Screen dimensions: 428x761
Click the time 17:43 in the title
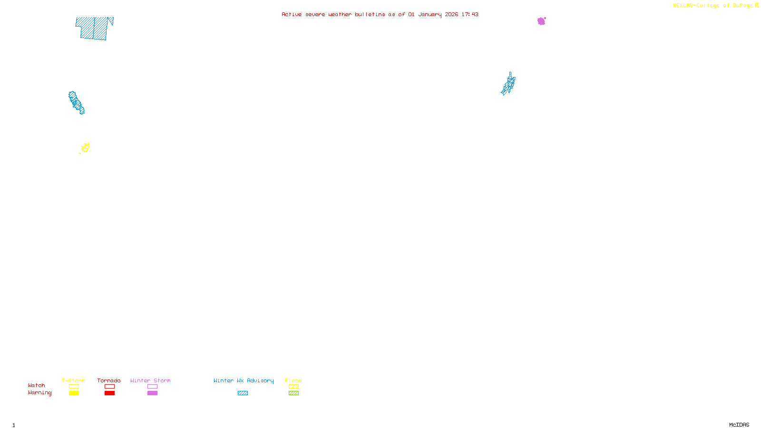(x=469, y=14)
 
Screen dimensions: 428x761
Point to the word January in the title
(x=429, y=14)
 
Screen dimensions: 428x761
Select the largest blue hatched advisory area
(x=94, y=28)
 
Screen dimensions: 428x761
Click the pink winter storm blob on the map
(x=541, y=21)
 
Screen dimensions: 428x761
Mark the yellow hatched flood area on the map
(x=85, y=147)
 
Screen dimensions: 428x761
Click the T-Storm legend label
(x=73, y=380)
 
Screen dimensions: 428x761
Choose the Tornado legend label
(x=109, y=380)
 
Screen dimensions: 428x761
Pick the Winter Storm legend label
(x=150, y=380)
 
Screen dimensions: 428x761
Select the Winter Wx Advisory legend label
(x=244, y=380)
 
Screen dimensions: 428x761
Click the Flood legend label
(x=293, y=380)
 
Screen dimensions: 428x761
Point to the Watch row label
(x=37, y=385)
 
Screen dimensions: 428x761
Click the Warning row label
(x=39, y=393)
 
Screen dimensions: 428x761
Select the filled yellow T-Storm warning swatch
(x=74, y=393)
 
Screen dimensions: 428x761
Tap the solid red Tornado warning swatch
(x=109, y=393)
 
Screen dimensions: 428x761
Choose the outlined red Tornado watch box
(x=109, y=387)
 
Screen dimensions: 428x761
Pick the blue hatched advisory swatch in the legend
(x=243, y=393)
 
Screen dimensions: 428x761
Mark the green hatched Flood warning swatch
(x=293, y=393)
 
